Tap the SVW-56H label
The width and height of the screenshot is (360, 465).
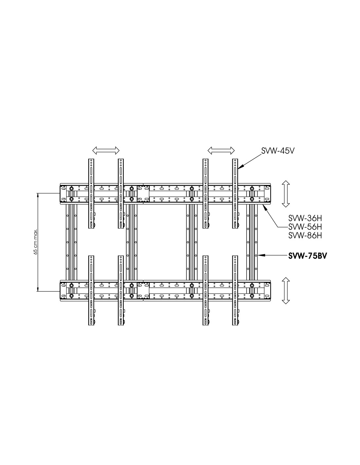click(x=305, y=227)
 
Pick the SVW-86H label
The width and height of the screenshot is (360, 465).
click(x=305, y=235)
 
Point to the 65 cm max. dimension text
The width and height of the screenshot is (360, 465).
click(x=36, y=241)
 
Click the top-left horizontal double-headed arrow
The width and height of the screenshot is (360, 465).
click(x=106, y=150)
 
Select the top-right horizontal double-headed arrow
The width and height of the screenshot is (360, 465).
click(x=221, y=150)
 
